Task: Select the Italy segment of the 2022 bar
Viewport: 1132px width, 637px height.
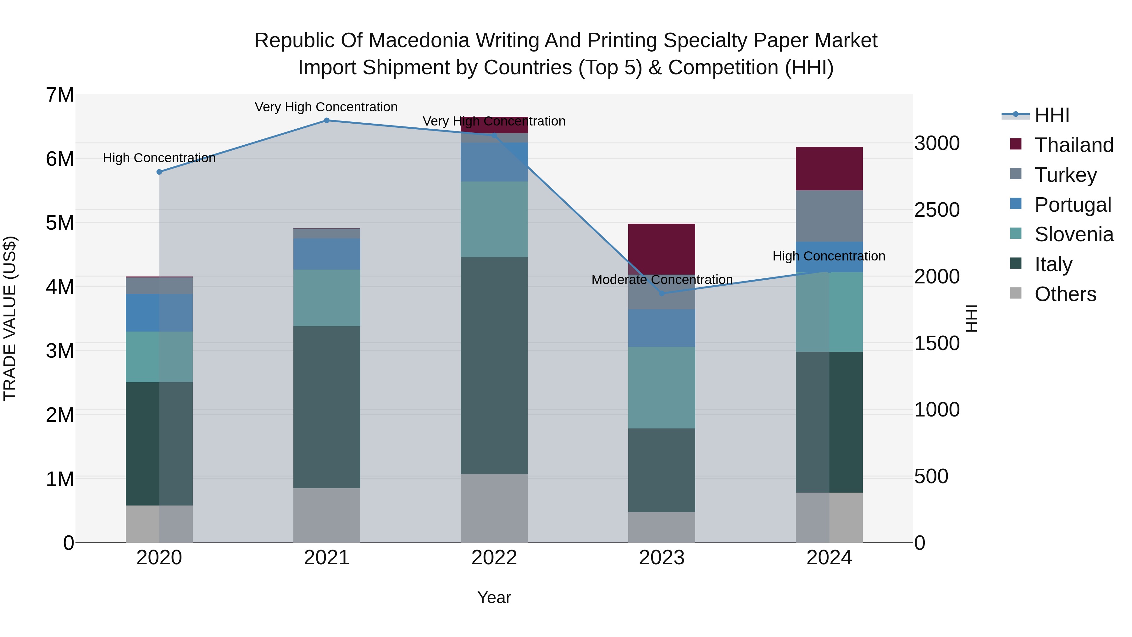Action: pos(494,365)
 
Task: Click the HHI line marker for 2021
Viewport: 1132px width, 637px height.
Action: pos(326,120)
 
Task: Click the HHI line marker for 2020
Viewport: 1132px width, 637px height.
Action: pos(159,172)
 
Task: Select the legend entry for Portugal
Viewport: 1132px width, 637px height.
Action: pos(1072,204)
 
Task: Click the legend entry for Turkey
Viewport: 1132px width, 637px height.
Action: pos(1065,175)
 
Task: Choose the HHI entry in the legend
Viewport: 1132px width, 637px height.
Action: pos(1051,115)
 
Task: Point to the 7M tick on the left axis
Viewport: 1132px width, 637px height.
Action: pos(60,95)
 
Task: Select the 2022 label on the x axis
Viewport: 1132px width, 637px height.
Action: pos(494,558)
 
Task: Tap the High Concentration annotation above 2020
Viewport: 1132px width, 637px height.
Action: pos(159,158)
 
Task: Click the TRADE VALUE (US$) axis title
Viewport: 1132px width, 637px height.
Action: pos(10,318)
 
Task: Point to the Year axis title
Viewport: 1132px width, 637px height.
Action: pos(494,597)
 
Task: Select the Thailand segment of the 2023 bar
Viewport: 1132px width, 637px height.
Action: pos(661,249)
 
